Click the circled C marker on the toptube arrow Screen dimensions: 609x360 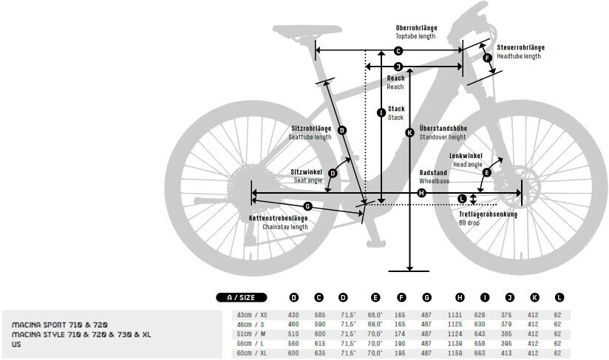tap(398, 51)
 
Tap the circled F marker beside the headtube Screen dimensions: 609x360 tap(487, 58)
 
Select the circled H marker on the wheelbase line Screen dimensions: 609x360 tap(421, 193)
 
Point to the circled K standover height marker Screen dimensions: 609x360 tap(409, 133)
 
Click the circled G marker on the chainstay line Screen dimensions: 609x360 tap(308, 206)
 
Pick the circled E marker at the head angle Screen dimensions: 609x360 tap(486, 172)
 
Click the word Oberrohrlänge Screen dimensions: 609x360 tap(416, 27)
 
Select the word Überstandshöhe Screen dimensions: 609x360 tap(443, 128)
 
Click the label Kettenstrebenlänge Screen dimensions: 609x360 tap(277, 219)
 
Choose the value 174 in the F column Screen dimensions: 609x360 tap(401, 333)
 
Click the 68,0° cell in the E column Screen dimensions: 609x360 tap(375, 313)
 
